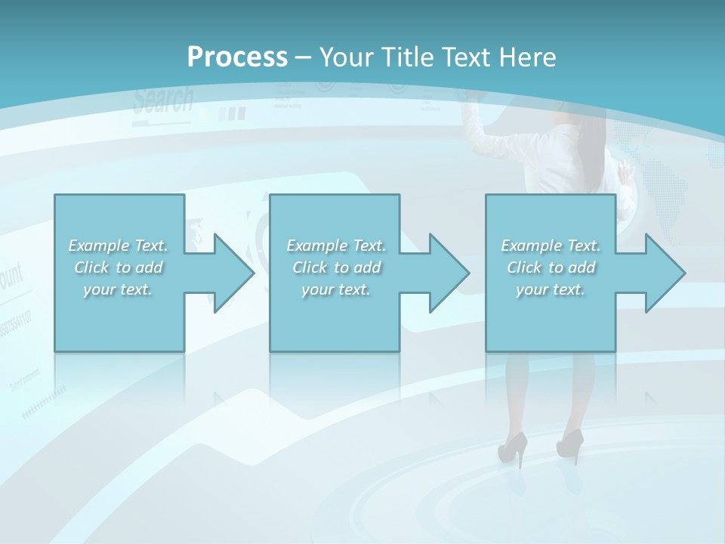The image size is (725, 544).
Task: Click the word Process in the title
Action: pyautogui.click(x=237, y=57)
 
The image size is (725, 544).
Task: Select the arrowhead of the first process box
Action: pyautogui.click(x=230, y=273)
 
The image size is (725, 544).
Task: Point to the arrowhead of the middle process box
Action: pyautogui.click(x=446, y=273)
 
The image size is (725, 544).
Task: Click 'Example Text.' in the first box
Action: pyautogui.click(x=118, y=246)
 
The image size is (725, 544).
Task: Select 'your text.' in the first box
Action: pyautogui.click(x=118, y=289)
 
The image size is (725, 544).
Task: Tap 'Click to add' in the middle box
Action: pyautogui.click(x=336, y=267)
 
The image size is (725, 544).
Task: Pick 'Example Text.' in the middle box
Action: pyautogui.click(x=336, y=246)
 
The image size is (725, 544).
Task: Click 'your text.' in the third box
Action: pyautogui.click(x=551, y=289)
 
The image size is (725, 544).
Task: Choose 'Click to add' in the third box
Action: pyautogui.click(x=551, y=267)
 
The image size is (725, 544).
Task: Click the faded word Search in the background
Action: pyautogui.click(x=163, y=100)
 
